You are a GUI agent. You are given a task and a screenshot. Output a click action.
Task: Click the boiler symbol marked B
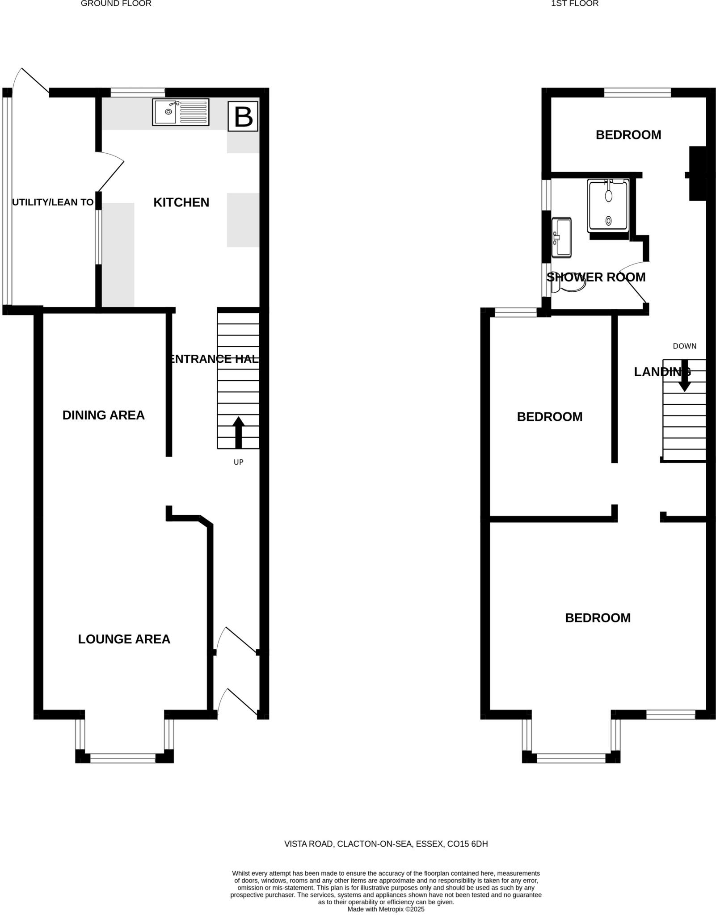tap(243, 117)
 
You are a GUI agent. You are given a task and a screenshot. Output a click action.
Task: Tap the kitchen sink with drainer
tap(181, 112)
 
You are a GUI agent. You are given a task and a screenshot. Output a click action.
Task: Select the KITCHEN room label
tap(181, 202)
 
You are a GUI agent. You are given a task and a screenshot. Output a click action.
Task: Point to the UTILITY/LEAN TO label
tap(53, 202)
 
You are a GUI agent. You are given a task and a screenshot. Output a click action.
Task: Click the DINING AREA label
tap(103, 415)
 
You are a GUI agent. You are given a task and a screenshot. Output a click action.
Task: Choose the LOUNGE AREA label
tap(124, 639)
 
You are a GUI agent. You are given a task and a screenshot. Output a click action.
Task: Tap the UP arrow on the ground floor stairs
tap(238, 432)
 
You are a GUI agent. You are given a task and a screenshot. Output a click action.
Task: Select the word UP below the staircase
tap(238, 462)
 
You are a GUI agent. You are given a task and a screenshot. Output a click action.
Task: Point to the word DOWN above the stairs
tap(684, 346)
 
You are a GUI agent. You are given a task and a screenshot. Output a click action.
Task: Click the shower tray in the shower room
tap(608, 205)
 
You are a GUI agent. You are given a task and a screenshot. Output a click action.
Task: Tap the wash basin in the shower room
tap(561, 237)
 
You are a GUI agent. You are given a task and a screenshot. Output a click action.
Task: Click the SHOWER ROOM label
tap(596, 277)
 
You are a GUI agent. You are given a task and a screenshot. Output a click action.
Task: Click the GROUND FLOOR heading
tap(116, 4)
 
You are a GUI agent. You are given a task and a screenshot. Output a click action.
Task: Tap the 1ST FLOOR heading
tap(574, 4)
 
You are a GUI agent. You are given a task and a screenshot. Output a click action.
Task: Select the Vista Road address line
tap(386, 844)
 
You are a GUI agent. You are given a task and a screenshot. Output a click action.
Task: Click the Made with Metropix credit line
tap(386, 909)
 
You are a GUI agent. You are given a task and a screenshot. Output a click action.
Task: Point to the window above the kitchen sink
tap(138, 92)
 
